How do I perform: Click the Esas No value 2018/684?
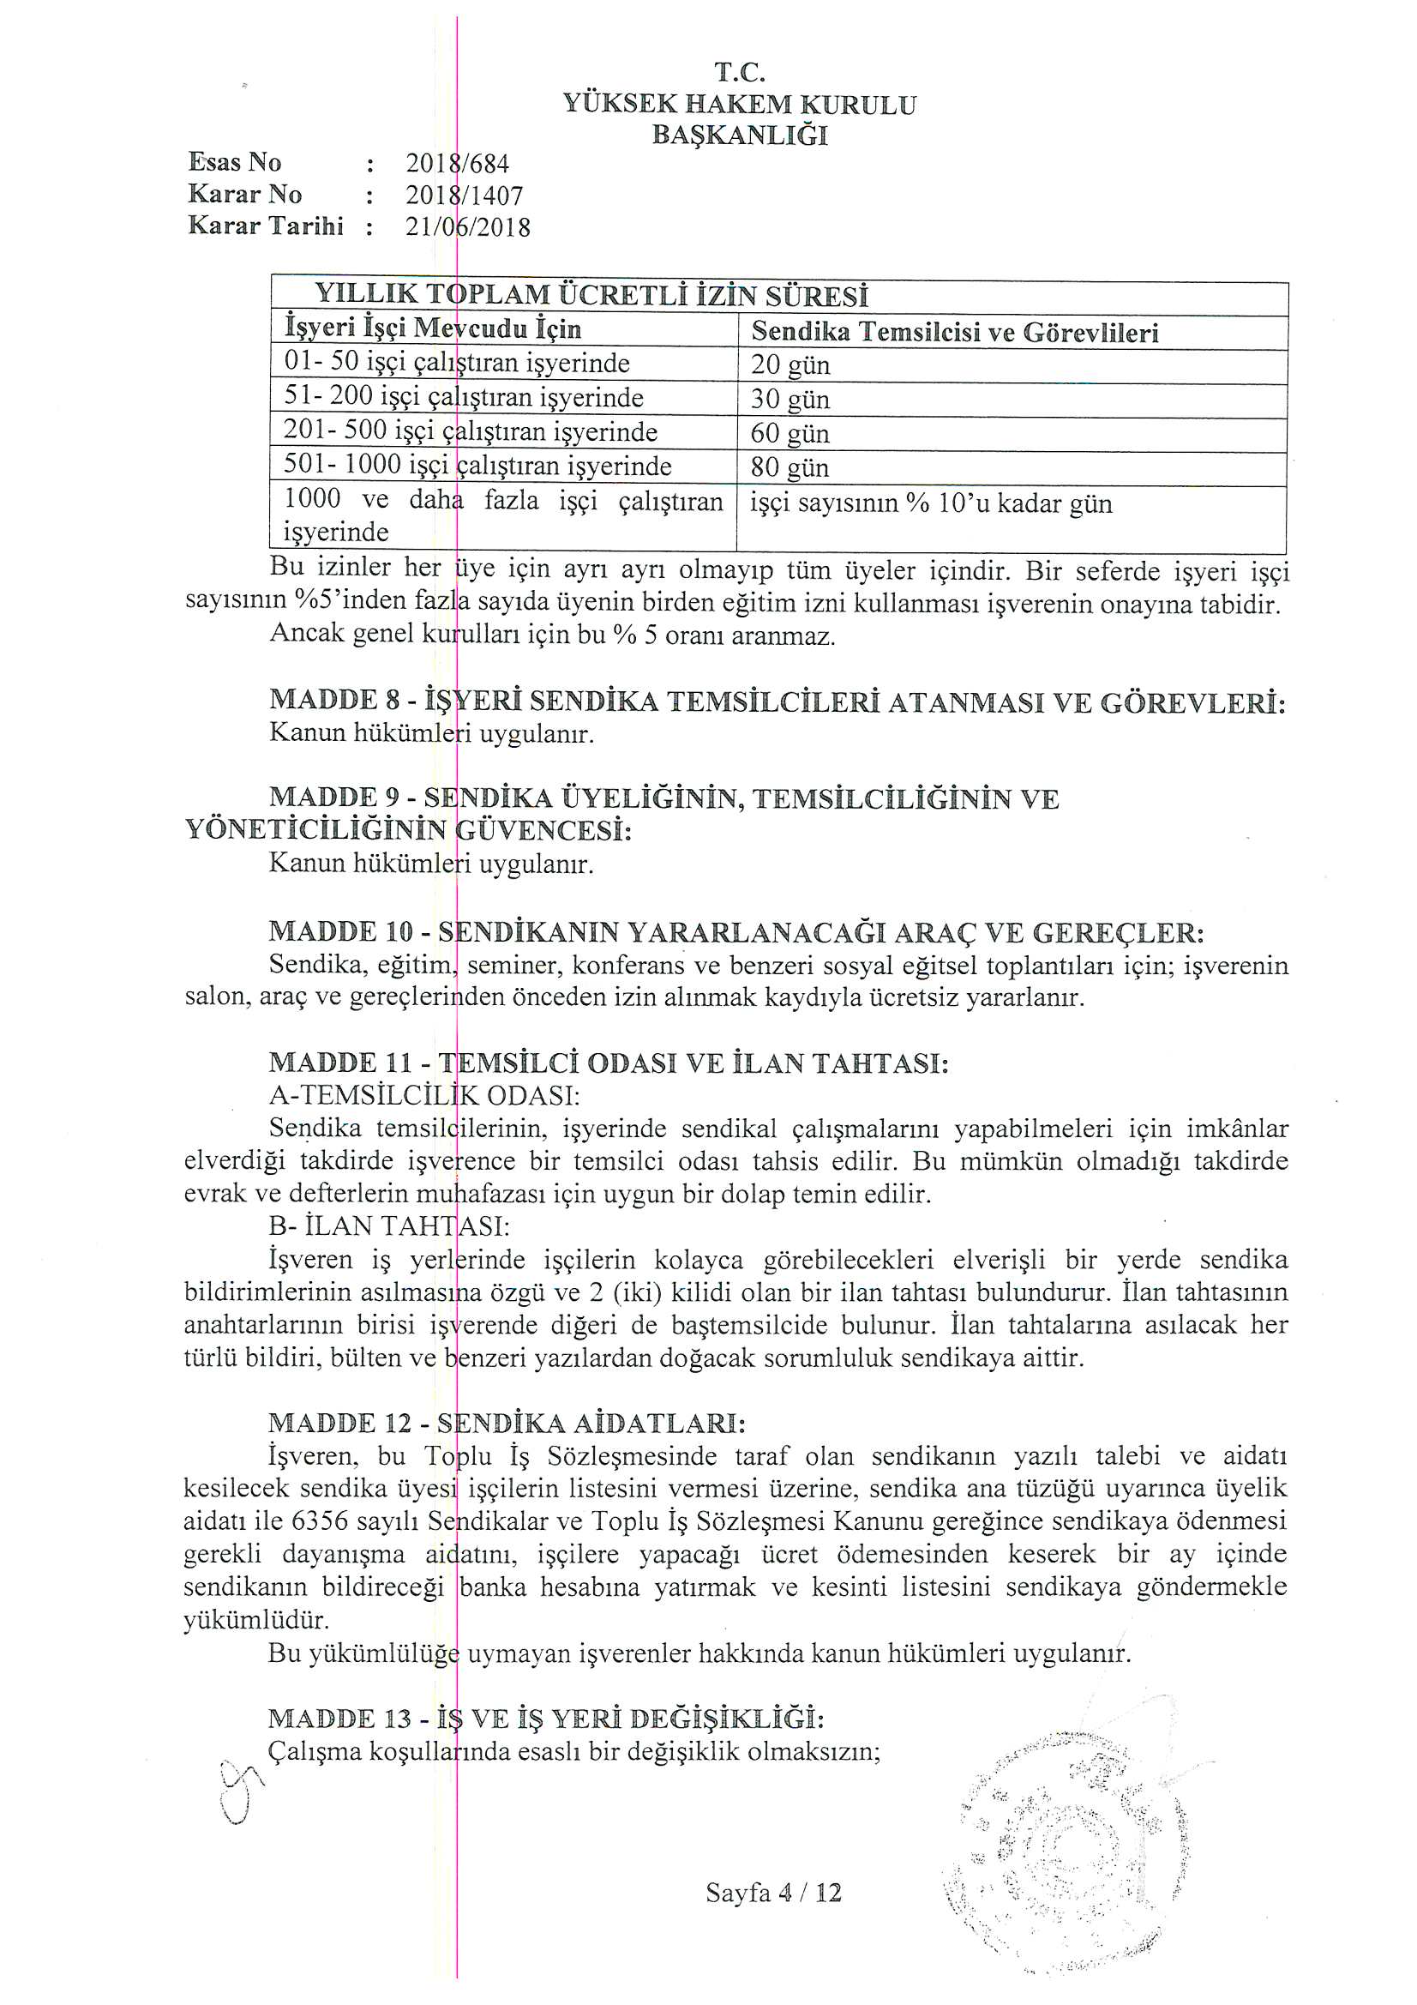pos(457,163)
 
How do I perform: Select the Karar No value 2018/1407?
pos(464,196)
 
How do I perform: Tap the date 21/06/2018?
pos(467,228)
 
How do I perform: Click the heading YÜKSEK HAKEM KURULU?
pos(740,105)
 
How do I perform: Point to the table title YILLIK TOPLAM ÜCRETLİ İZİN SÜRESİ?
pos(591,296)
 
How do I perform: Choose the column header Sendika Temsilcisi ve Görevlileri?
pos(954,333)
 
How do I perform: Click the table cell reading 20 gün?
pos(790,365)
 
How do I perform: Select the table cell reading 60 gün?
pos(790,433)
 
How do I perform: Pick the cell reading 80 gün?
pos(790,467)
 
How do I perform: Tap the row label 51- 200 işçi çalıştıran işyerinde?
pos(464,398)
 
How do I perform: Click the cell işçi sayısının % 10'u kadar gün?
pos(931,505)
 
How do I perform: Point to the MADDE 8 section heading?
pos(777,701)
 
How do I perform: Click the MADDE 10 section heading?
pos(736,933)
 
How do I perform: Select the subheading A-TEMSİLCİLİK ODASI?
pos(424,1095)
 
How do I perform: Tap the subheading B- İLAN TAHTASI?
pos(389,1226)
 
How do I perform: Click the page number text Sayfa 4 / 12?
pos(772,1893)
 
